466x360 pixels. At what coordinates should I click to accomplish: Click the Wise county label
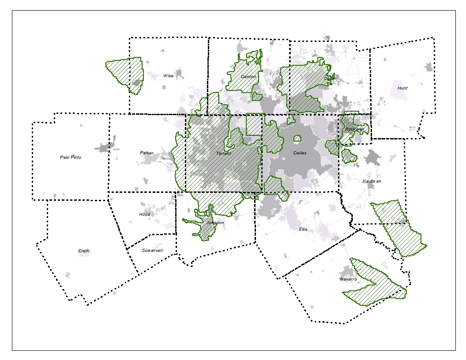[168, 76]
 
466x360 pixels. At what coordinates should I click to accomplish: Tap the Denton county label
[248, 77]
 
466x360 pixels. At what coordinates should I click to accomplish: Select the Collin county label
[330, 79]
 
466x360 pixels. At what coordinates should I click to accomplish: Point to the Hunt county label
[402, 88]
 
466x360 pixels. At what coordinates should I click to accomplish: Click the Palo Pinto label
[71, 157]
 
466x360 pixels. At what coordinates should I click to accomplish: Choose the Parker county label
[147, 153]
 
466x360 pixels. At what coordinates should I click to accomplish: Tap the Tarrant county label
[223, 154]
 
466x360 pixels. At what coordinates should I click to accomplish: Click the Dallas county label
[300, 153]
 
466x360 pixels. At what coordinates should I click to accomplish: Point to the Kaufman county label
[372, 181]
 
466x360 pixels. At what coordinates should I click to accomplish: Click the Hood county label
[144, 214]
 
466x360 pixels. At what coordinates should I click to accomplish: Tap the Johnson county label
[215, 223]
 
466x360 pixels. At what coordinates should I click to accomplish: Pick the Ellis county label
[303, 229]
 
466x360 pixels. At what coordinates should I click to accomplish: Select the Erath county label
[84, 251]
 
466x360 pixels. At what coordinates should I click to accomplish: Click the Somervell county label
[152, 251]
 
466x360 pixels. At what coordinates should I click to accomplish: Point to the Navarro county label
[348, 279]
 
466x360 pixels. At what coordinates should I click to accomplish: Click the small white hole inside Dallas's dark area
[297, 139]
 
